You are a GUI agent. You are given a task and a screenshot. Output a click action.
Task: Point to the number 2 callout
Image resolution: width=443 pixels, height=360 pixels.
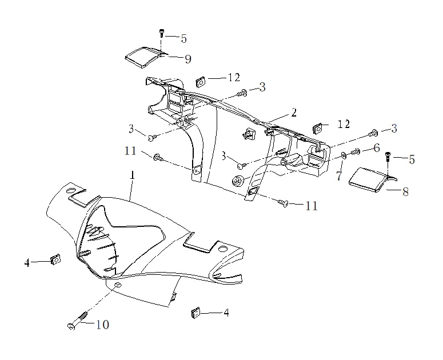tap(294, 113)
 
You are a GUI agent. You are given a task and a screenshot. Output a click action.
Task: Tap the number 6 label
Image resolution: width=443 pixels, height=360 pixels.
tap(377, 148)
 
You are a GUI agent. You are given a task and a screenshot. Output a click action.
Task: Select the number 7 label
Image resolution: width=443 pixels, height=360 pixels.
tap(339, 176)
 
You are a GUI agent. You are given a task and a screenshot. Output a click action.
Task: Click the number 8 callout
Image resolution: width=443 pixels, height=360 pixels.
tap(405, 192)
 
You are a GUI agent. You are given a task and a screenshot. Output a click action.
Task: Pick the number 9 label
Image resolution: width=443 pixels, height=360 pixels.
tap(187, 58)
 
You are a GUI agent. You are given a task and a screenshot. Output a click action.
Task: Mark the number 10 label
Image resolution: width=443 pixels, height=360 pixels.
tap(102, 325)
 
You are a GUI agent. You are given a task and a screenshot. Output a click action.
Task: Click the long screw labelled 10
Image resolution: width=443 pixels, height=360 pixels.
tap(79, 321)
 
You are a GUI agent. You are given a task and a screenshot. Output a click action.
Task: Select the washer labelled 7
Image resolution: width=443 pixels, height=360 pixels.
tap(344, 155)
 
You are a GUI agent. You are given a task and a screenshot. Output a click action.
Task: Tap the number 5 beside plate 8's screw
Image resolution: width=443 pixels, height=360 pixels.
tap(412, 159)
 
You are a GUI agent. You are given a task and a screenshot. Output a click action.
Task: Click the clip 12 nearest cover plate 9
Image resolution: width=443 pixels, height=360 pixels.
tap(202, 81)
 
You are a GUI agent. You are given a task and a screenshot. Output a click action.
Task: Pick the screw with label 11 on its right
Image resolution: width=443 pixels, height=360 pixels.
tap(284, 202)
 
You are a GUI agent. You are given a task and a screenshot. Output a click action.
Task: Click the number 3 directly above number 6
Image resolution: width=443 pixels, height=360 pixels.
tap(393, 129)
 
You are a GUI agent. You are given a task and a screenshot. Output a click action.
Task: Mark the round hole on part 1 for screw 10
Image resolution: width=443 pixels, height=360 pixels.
tap(117, 285)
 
